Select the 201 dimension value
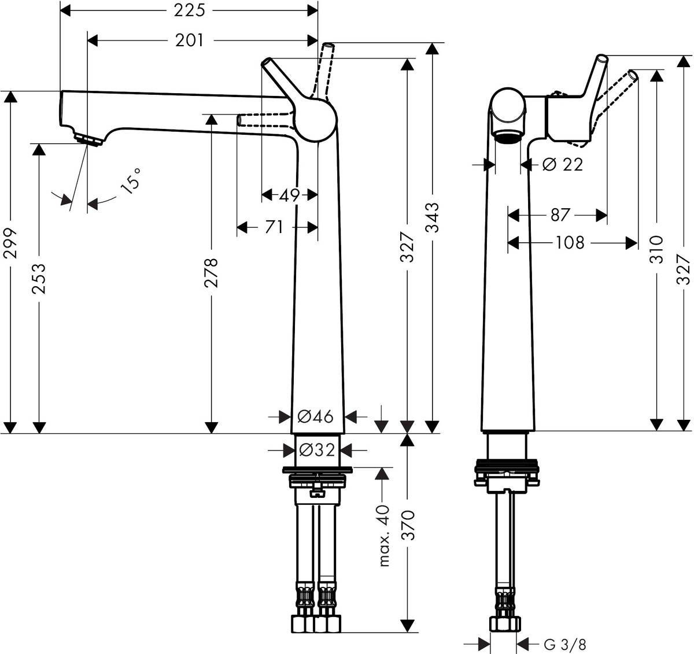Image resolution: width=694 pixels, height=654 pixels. pyautogui.click(x=190, y=40)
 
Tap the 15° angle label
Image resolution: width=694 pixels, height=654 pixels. pyautogui.click(x=130, y=181)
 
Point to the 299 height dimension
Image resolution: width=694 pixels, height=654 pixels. pyautogui.click(x=11, y=243)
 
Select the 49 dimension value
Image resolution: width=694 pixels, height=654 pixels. pyautogui.click(x=289, y=195)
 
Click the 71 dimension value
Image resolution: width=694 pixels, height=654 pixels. pyautogui.click(x=274, y=227)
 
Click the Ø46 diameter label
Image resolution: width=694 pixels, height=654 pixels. pyautogui.click(x=316, y=416)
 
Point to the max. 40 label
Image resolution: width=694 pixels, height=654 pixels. pyautogui.click(x=383, y=534)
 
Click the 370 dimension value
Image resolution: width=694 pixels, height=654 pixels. pyautogui.click(x=408, y=524)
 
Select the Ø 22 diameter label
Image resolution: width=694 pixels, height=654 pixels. pyautogui.click(x=563, y=165)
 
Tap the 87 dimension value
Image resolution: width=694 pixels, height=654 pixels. pyautogui.click(x=560, y=215)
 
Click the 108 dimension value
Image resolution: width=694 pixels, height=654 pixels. pyautogui.click(x=570, y=242)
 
